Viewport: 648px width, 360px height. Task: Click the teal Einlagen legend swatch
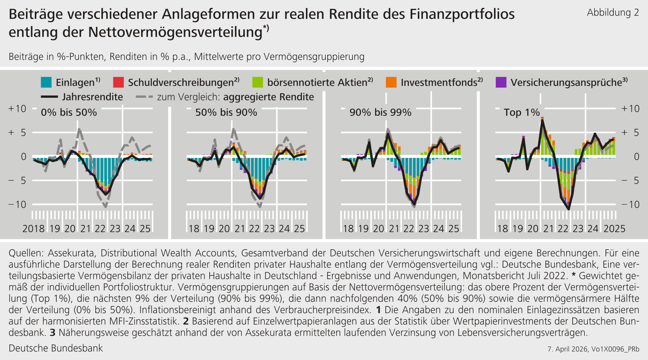[x=46, y=82]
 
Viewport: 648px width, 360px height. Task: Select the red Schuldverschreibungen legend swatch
[x=118, y=82]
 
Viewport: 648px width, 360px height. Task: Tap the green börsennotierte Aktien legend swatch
[x=258, y=82]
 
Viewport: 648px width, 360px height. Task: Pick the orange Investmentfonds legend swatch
[x=391, y=82]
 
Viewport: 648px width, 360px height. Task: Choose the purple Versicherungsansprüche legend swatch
[x=501, y=82]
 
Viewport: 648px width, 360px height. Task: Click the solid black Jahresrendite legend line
[x=49, y=97]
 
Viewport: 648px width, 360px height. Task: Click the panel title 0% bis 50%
[x=69, y=113]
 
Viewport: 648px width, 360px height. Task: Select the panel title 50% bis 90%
[x=226, y=113]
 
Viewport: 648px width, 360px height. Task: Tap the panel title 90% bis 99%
[x=380, y=113]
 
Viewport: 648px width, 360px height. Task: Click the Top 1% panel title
[x=522, y=113]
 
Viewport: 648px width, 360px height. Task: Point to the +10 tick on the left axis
[x=17, y=109]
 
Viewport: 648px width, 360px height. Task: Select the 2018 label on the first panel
[x=34, y=229]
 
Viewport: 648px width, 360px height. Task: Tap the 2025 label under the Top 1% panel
[x=614, y=229]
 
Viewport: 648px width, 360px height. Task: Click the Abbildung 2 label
[x=613, y=13]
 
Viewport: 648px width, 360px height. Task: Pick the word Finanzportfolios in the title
[x=462, y=14]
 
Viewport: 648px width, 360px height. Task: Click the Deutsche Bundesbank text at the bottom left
[x=56, y=348]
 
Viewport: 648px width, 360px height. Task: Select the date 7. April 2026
[x=568, y=349]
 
